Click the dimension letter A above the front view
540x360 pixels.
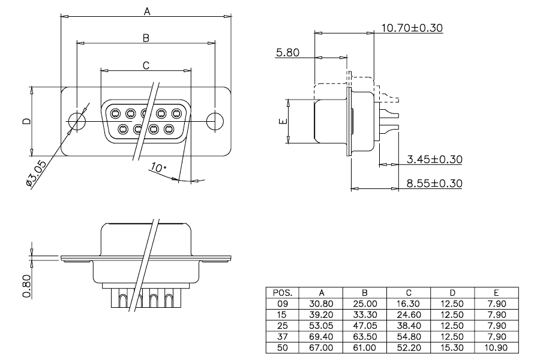coord(147,12)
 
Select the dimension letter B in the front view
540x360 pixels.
coord(146,38)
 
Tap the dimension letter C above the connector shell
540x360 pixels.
coord(146,65)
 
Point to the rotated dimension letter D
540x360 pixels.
coord(26,121)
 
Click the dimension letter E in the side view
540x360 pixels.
coord(283,121)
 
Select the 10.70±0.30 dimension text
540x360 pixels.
coord(412,28)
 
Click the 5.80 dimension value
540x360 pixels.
coord(287,53)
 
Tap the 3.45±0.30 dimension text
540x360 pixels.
coord(434,160)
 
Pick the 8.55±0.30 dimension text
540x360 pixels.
coord(434,183)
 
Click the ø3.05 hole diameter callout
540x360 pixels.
coord(36,173)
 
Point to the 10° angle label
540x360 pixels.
coord(158,168)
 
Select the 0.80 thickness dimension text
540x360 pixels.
coord(27,286)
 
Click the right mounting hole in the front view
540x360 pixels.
coord(215,121)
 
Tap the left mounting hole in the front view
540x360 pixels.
coord(77,121)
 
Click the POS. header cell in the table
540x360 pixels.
coord(283,293)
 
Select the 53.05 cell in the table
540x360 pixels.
coord(321,326)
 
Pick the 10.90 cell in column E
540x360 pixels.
coord(496,347)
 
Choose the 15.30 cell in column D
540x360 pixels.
coord(452,347)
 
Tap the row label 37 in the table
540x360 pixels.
coord(283,337)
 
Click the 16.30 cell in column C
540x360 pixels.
coord(409,304)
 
